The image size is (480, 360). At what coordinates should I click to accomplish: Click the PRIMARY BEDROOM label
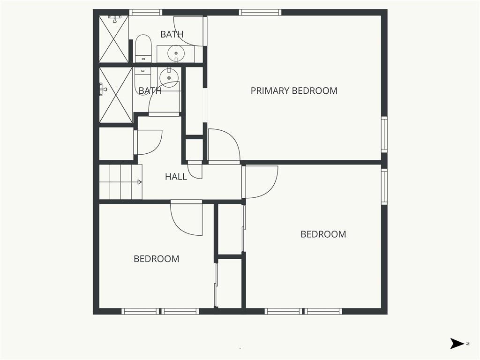pos(294,90)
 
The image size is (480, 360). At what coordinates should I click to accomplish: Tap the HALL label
pos(176,177)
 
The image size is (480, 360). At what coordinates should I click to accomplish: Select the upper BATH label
pos(172,34)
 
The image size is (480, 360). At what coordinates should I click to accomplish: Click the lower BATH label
pos(150,90)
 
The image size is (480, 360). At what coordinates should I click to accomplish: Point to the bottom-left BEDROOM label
pos(157,259)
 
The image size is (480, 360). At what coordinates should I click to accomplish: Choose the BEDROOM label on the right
pos(323,234)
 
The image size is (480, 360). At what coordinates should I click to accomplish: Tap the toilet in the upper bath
pos(143,49)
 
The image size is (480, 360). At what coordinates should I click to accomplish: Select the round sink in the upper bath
pos(176,53)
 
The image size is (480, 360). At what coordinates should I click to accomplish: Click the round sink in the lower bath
pos(169,76)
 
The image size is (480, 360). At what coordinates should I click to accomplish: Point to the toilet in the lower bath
pos(142,80)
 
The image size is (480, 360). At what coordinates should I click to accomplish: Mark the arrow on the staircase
pos(120,182)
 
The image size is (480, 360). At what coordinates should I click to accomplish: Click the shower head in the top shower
pos(114,19)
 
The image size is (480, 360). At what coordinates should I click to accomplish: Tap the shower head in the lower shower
pos(103,89)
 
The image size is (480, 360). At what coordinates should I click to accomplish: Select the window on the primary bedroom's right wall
pos(384,134)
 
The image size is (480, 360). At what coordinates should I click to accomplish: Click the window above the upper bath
pos(145,12)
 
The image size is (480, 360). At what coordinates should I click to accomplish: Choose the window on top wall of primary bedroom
pos(260,12)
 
